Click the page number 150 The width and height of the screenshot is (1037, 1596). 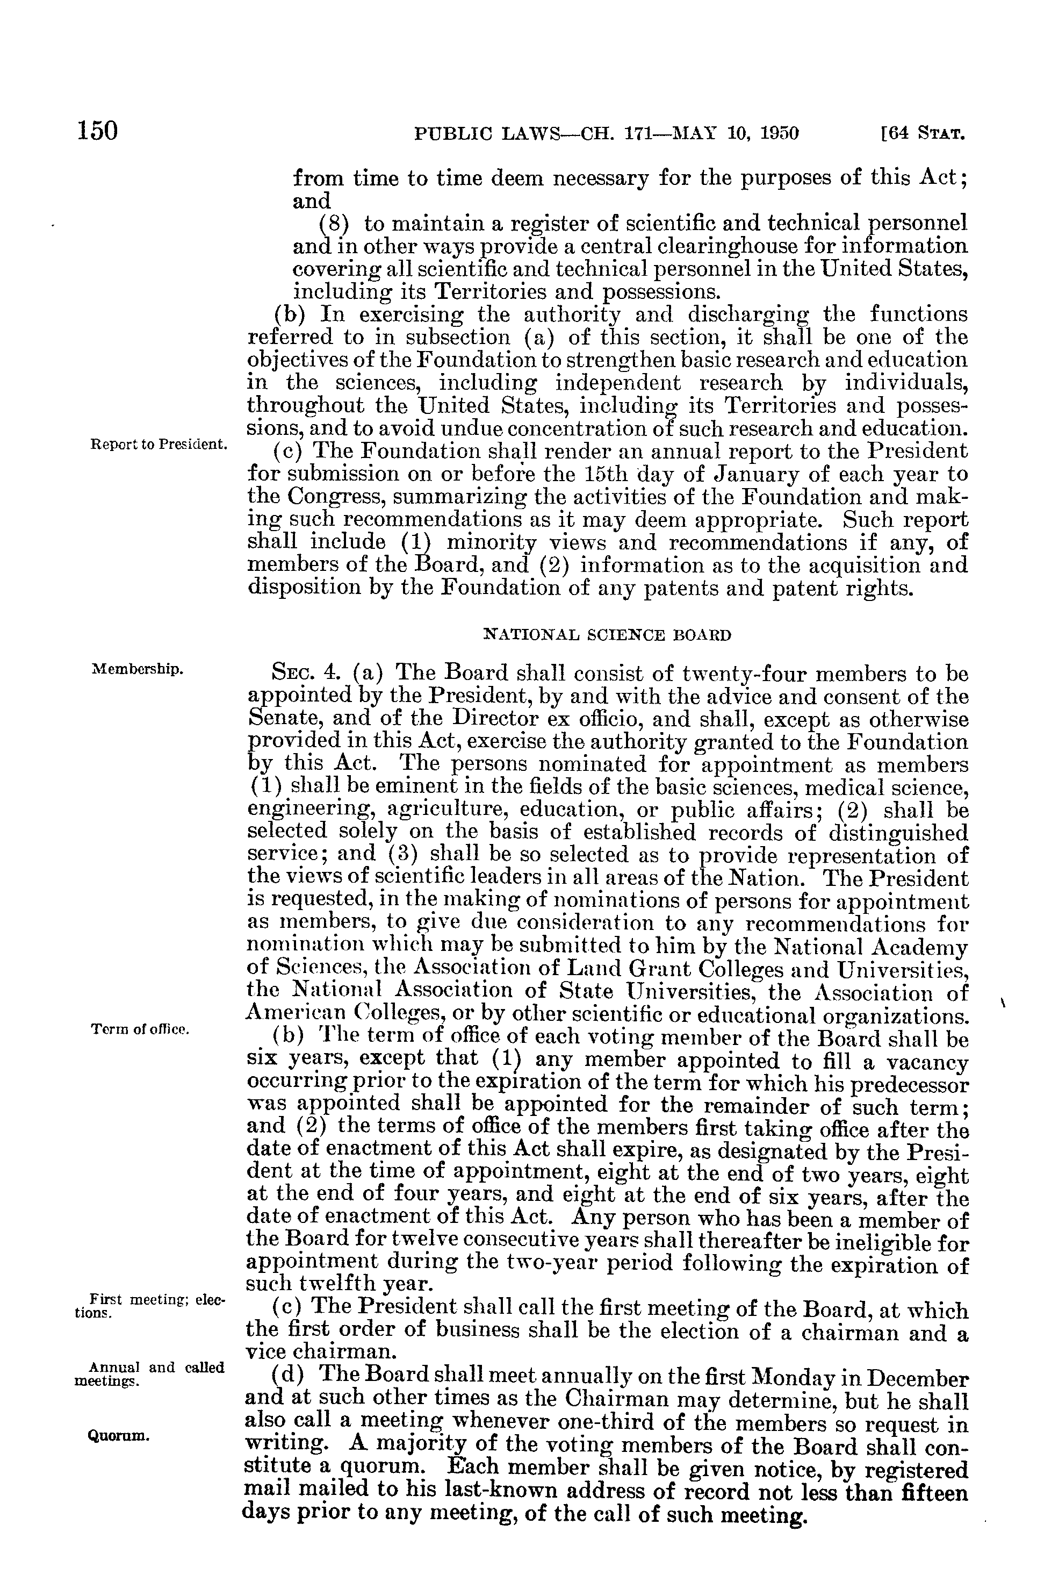(98, 130)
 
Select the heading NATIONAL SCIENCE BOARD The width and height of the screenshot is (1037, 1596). (607, 634)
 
